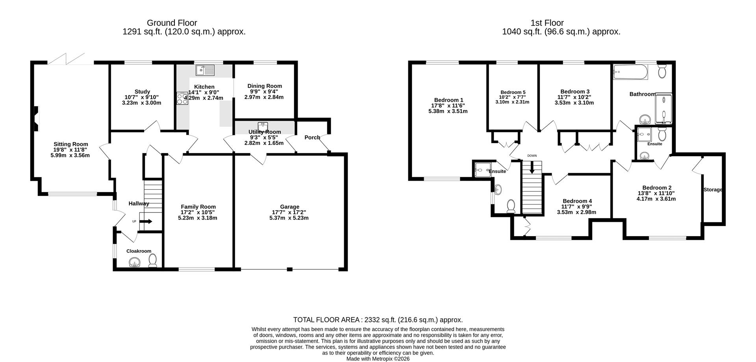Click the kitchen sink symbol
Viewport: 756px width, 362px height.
[x=205, y=71]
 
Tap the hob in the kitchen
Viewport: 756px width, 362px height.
[x=182, y=98]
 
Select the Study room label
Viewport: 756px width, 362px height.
[x=142, y=91]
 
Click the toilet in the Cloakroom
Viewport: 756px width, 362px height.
[x=152, y=260]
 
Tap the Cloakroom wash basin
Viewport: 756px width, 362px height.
[x=135, y=262]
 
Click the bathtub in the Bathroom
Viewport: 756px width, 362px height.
[x=630, y=72]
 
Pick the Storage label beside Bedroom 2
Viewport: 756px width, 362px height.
[x=713, y=190]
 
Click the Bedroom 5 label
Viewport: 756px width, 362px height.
[x=513, y=92]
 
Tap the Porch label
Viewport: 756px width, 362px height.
[x=312, y=138]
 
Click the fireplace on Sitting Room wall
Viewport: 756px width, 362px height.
[x=36, y=119]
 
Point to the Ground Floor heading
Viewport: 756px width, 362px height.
[x=172, y=23]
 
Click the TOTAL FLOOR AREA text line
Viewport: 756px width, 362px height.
[x=378, y=320]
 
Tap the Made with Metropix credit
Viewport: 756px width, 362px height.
[x=378, y=359]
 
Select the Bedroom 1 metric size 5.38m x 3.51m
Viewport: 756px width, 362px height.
[x=448, y=111]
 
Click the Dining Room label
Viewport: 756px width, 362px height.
[x=265, y=86]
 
